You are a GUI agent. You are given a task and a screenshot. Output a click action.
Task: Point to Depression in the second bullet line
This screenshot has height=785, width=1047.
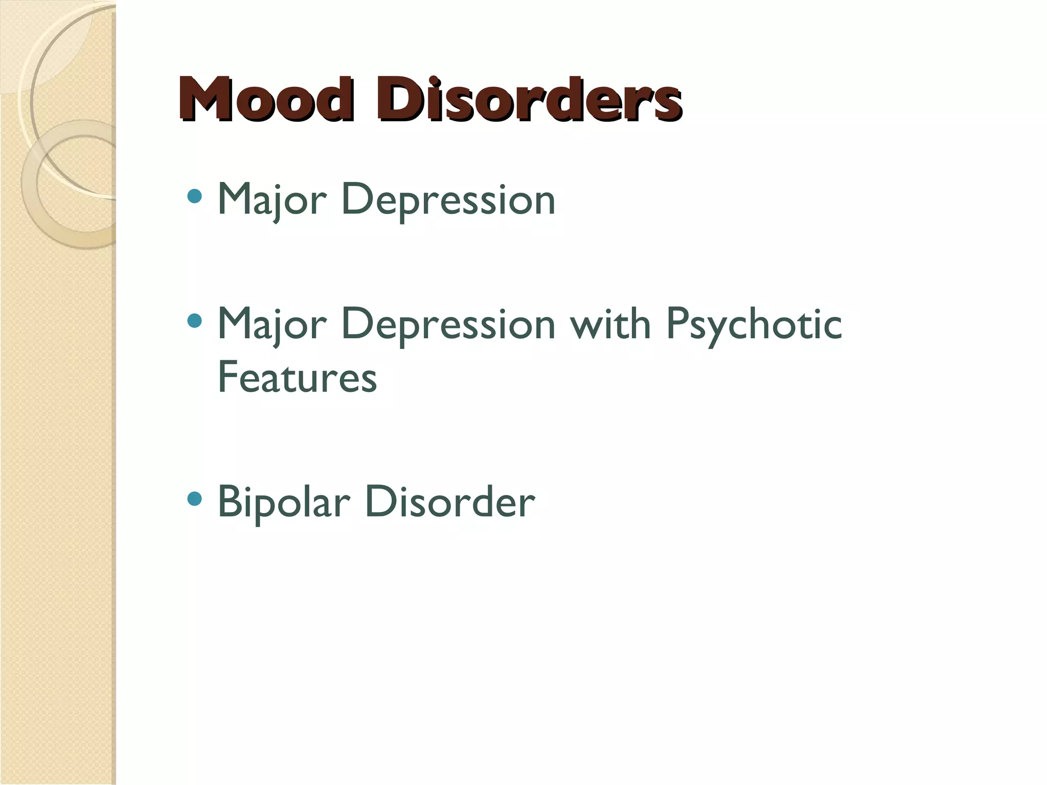coord(448,325)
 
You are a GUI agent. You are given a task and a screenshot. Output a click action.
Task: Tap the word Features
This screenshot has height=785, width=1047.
coord(297,377)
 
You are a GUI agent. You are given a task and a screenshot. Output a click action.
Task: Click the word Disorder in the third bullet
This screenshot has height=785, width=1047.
coord(450,502)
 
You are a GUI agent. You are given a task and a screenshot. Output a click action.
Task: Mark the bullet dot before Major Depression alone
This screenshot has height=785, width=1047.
coord(195,196)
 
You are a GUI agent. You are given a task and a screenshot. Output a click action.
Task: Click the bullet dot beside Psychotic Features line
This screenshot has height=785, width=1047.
coord(195,320)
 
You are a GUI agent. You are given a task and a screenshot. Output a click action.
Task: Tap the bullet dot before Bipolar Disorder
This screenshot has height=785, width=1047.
coord(195,498)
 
